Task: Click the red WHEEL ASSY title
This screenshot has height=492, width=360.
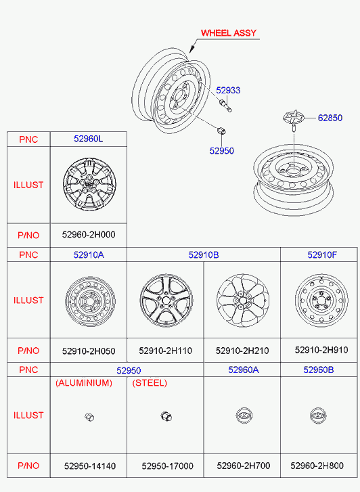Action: [x=229, y=33]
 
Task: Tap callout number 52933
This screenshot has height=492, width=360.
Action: [x=228, y=91]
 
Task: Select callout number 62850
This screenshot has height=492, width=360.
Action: [x=330, y=118]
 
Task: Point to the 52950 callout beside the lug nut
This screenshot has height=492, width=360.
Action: [x=221, y=151]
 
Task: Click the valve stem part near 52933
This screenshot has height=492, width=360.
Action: [x=225, y=106]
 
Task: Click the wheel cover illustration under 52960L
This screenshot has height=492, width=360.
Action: [x=89, y=184]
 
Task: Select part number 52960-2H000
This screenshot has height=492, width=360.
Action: [x=89, y=235]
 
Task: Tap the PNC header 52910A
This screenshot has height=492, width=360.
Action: [x=89, y=254]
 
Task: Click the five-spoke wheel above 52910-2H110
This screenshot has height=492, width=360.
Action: [x=166, y=300]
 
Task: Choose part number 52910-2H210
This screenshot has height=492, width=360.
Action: [x=242, y=351]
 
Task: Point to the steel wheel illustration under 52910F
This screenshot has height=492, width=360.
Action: [x=321, y=300]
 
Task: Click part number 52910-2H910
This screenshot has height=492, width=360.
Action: [x=321, y=350]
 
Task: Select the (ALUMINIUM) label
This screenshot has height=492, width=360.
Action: [x=84, y=383]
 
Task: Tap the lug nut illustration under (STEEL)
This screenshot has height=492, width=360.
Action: [x=166, y=416]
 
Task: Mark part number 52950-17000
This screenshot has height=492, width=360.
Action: [x=167, y=466]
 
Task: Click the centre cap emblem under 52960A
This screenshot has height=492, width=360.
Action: [x=244, y=416]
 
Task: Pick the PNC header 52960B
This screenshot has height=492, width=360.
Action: [x=318, y=370]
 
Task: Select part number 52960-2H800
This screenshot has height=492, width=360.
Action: [x=317, y=466]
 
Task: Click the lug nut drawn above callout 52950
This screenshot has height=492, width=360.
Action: [x=221, y=131]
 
